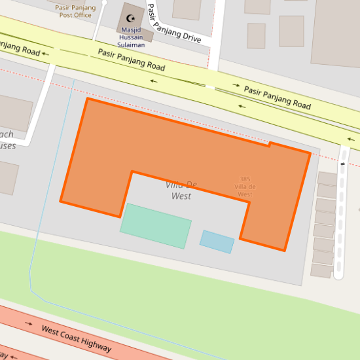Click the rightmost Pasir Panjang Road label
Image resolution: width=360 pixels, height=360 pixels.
pyautogui.click(x=277, y=97)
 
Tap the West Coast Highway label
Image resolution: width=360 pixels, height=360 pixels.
pyautogui.click(x=76, y=338)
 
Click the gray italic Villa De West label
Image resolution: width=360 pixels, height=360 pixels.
pyautogui.click(x=181, y=190)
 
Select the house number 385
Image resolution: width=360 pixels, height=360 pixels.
pyautogui.click(x=245, y=179)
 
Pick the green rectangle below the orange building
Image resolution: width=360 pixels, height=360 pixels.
pyautogui.click(x=156, y=226)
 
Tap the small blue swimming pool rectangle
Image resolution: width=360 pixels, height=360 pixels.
pyautogui.click(x=217, y=242)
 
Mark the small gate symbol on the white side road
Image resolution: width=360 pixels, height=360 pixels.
pyautogui.click(x=342, y=164)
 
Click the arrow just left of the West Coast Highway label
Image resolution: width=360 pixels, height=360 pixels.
pyautogui.click(x=29, y=323)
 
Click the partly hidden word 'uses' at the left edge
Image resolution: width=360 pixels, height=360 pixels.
pyautogui.click(x=8, y=145)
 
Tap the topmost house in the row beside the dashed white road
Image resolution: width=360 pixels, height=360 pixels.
pyautogui.click(x=327, y=179)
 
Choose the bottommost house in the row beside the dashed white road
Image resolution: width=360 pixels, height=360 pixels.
pyautogui.click(x=321, y=271)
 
